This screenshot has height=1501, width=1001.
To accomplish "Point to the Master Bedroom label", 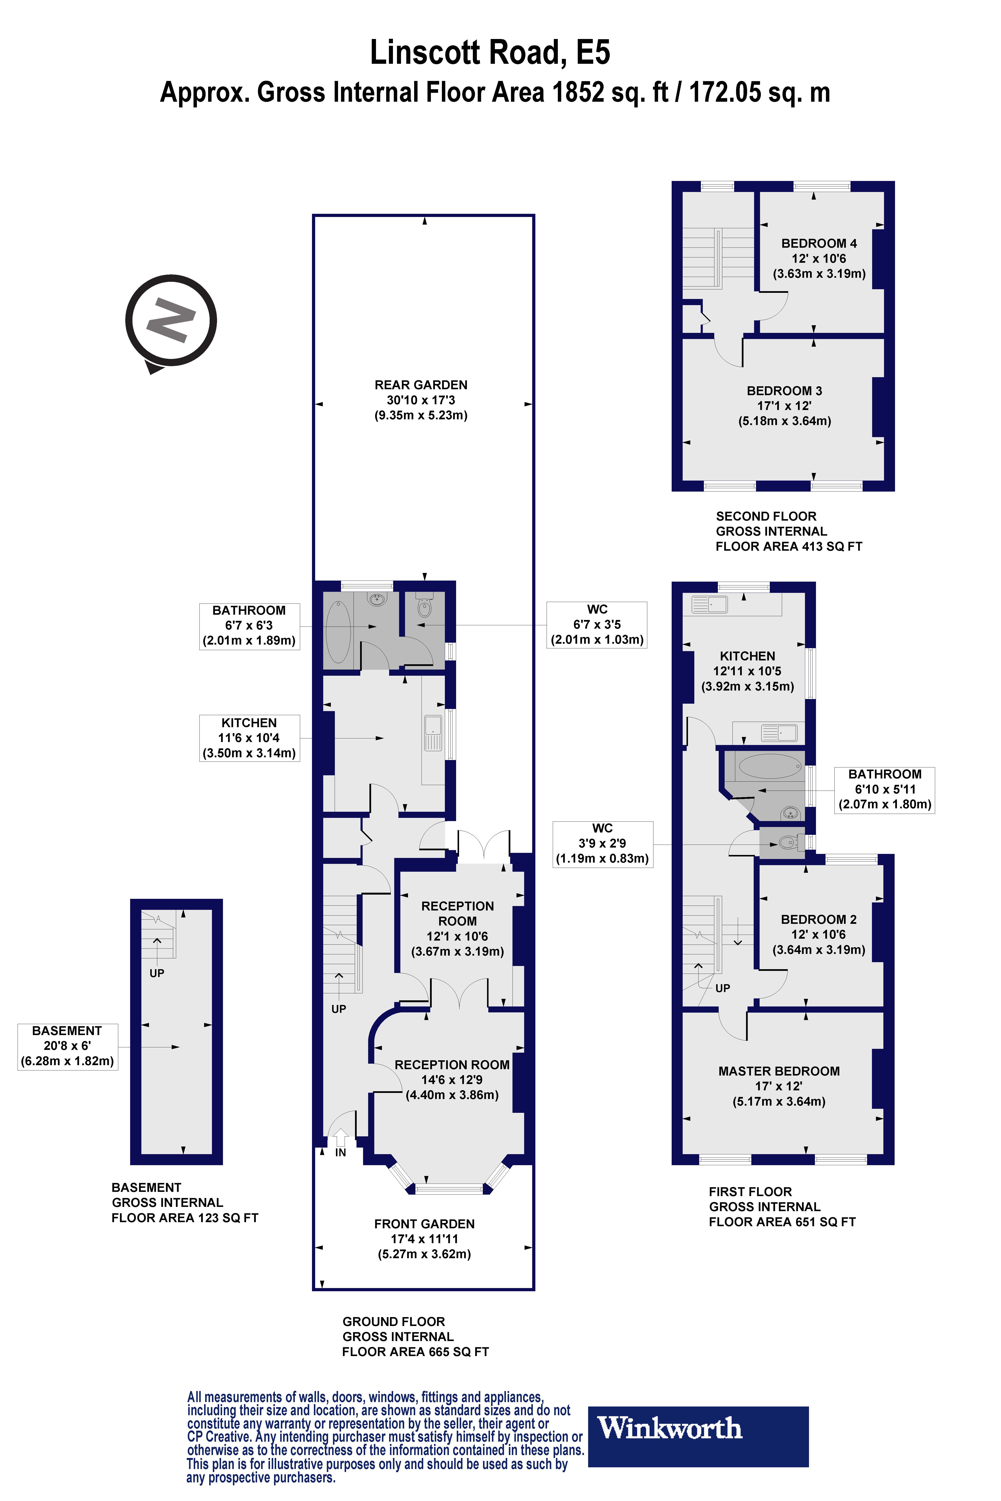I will click(x=779, y=1071).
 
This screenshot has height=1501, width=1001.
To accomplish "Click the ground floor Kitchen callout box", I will click(x=249, y=738).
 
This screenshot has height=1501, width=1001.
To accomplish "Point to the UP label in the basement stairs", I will click(x=156, y=973).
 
